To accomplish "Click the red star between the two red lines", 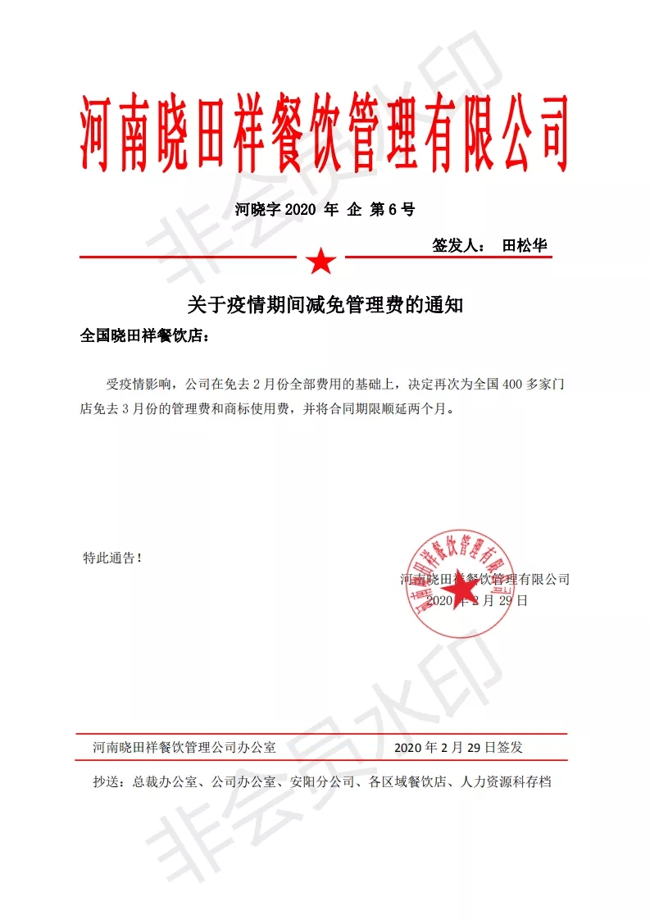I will (320, 262).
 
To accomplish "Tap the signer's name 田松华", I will (525, 245).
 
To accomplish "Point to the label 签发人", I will (457, 245).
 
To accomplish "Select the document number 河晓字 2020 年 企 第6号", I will (325, 209).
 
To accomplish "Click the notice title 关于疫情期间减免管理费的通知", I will (325, 306).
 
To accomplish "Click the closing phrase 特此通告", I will (112, 558).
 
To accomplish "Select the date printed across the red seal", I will (478, 601).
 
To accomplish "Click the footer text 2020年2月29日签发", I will (458, 747).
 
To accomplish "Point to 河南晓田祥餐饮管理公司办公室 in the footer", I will (184, 747).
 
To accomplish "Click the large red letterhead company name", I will (325, 131).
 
